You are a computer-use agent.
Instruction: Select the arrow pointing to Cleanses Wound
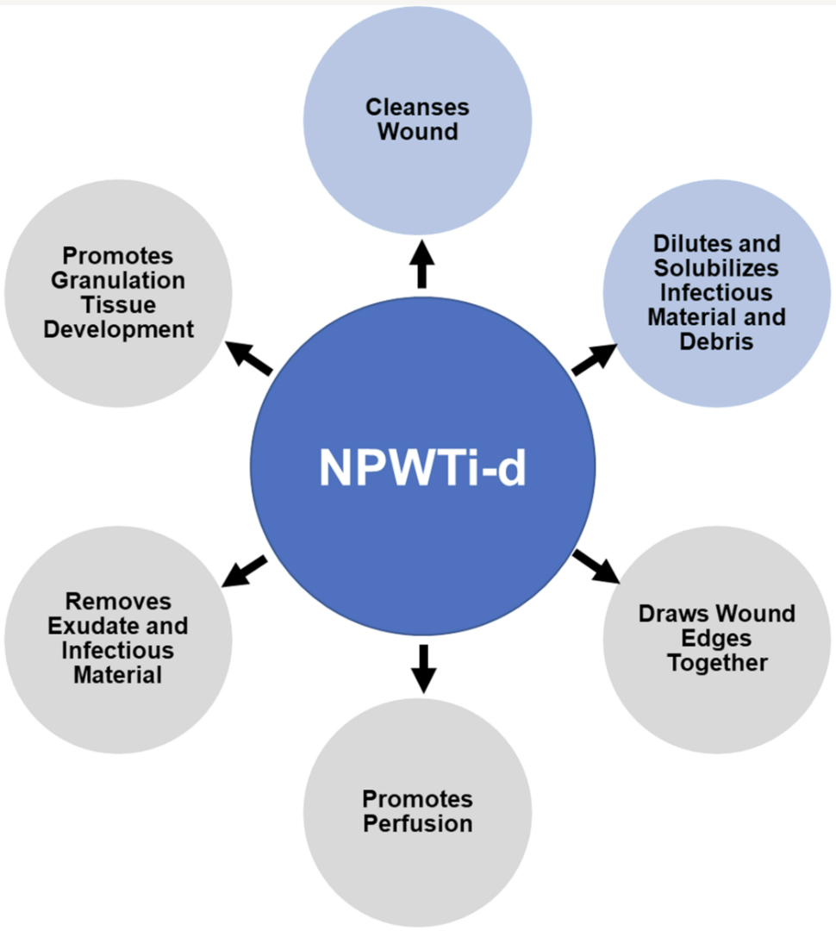tap(421, 263)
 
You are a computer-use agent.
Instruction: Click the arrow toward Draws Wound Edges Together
tap(596, 565)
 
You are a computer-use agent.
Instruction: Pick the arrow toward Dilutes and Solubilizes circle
tap(595, 359)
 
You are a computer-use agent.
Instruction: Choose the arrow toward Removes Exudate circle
tap(245, 572)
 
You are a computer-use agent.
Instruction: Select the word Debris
tap(716, 341)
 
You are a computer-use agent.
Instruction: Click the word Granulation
tap(118, 280)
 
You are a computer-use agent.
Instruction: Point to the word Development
tap(118, 329)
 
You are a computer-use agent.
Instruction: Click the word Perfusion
tap(417, 823)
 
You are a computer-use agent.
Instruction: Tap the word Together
tap(717, 663)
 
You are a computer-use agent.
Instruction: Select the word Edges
tap(717, 639)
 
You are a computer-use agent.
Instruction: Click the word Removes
tap(118, 601)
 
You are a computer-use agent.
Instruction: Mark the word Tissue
tap(118, 304)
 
